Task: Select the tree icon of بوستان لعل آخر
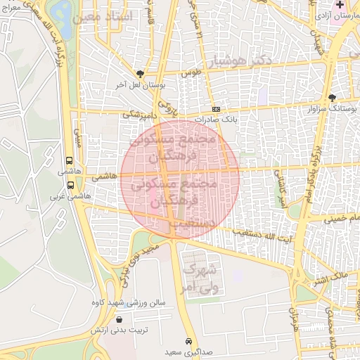140,73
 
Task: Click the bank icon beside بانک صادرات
216,110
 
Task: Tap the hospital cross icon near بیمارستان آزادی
340,5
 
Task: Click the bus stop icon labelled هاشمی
70,160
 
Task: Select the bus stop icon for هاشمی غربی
70,185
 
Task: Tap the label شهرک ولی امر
200,278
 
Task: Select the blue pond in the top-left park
62,13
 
